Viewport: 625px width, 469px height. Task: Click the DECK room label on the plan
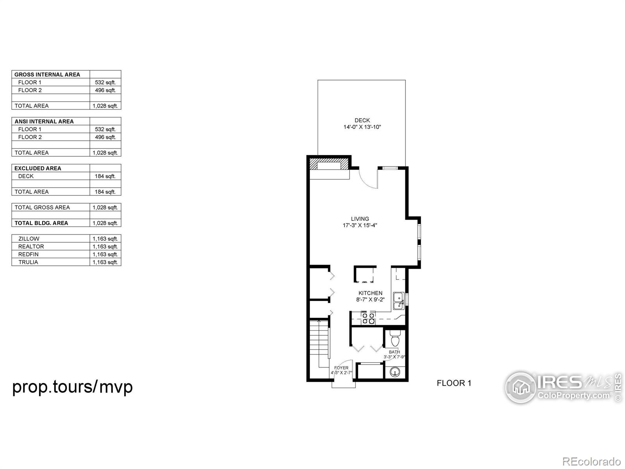(x=362, y=120)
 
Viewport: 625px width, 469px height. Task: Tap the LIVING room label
(x=360, y=219)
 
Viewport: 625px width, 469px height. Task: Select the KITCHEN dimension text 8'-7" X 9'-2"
(x=370, y=299)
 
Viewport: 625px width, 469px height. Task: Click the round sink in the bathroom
(x=395, y=371)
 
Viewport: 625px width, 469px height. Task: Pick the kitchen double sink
(x=399, y=301)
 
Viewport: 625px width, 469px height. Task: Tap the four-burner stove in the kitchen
(x=368, y=318)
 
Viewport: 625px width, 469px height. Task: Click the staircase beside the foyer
(x=320, y=341)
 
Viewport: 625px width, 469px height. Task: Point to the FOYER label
(x=341, y=368)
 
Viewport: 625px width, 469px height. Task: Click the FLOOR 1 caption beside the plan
(x=454, y=383)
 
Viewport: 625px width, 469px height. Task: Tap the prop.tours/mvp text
(x=72, y=387)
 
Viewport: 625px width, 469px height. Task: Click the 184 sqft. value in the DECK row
(x=105, y=176)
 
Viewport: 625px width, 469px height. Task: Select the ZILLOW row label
(x=29, y=239)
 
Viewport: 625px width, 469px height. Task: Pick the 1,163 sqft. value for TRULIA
(x=105, y=262)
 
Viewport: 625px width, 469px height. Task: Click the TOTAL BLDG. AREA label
(x=41, y=223)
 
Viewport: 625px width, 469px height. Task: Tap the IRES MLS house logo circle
(x=521, y=387)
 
